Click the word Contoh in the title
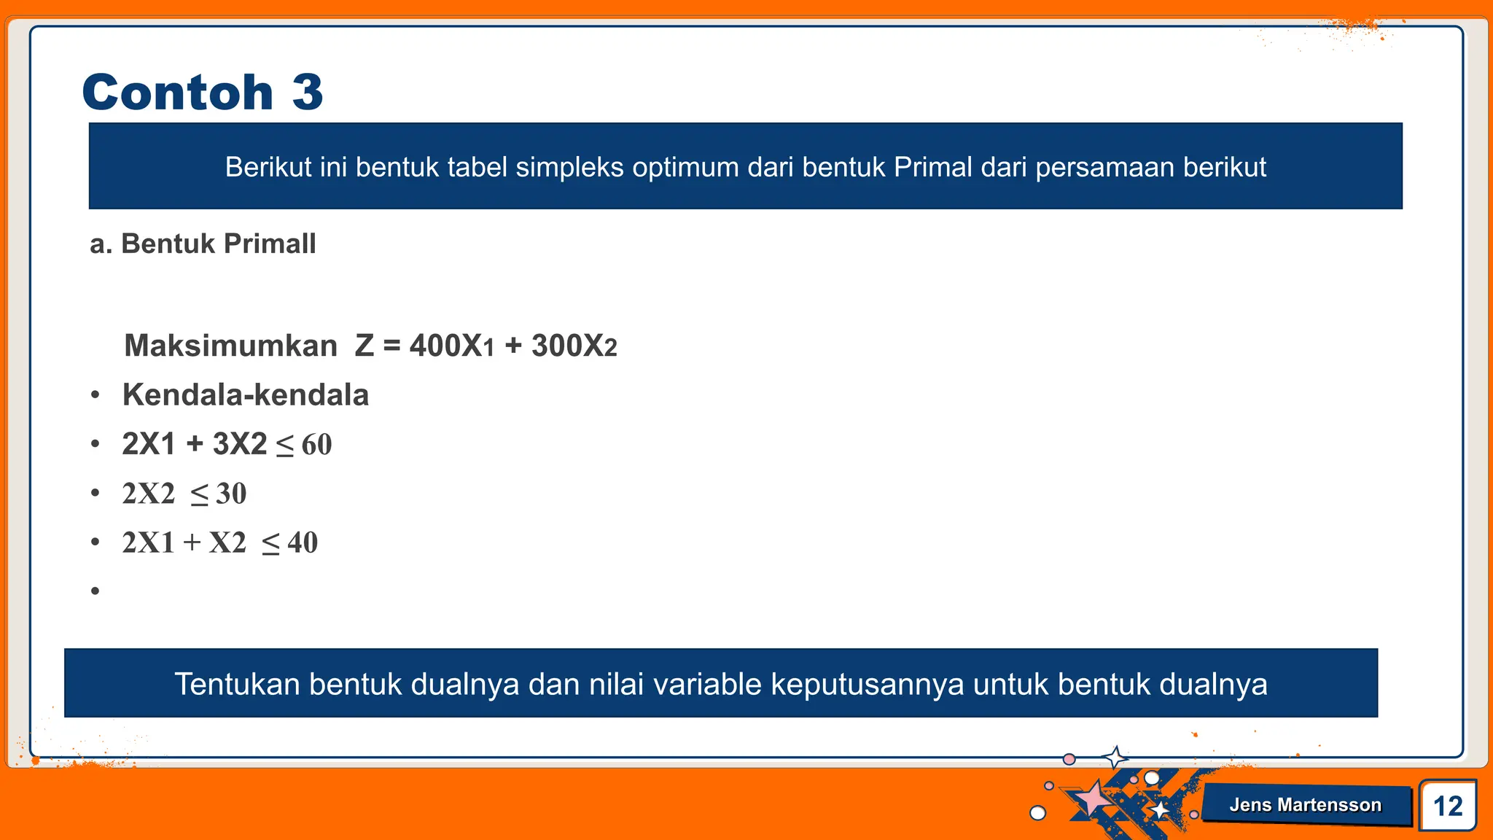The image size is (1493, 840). [x=178, y=93]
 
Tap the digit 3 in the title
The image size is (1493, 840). [x=307, y=93]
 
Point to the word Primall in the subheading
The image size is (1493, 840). [x=270, y=244]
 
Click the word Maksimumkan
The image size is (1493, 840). [x=230, y=346]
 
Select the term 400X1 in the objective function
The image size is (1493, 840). [x=452, y=346]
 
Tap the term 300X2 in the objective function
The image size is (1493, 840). [x=574, y=346]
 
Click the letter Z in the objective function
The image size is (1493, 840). [x=365, y=346]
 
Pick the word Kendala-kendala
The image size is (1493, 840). [x=246, y=395]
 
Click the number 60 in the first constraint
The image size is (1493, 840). [x=316, y=445]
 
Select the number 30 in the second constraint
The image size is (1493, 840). [x=231, y=494]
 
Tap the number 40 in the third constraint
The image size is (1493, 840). [x=303, y=543]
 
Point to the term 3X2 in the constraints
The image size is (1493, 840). [x=240, y=444]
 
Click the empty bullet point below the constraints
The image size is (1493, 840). [x=95, y=591]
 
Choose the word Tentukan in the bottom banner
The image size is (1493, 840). [x=237, y=685]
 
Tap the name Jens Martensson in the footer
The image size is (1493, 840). [x=1305, y=805]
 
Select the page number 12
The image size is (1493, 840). [x=1448, y=806]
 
